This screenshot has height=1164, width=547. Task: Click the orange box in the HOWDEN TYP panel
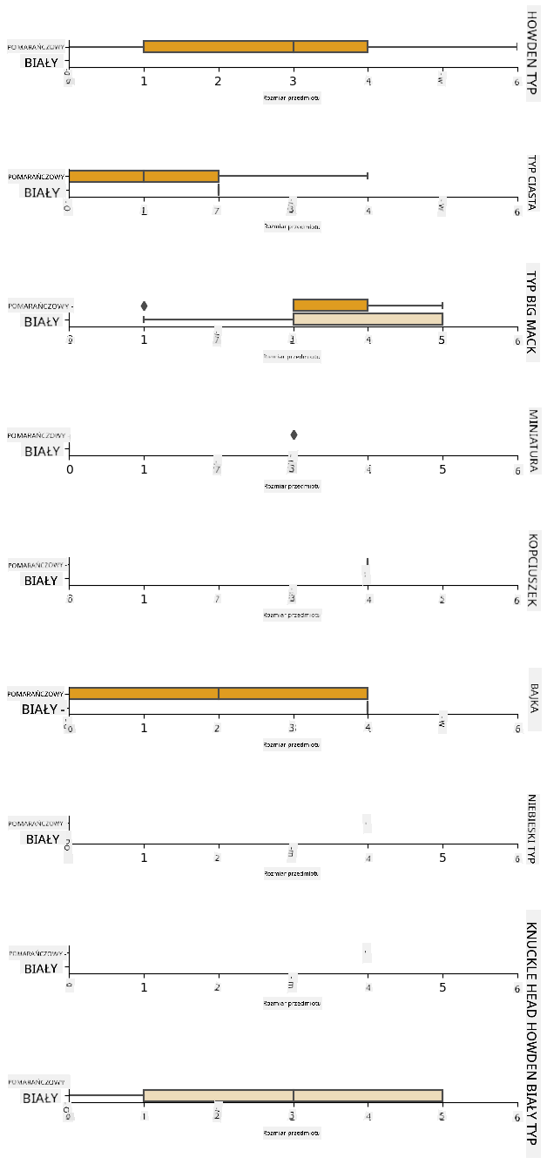255,47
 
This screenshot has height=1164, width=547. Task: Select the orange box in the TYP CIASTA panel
144,176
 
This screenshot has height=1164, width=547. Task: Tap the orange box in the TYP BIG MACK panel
330,305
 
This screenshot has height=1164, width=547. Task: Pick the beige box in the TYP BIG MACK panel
368,319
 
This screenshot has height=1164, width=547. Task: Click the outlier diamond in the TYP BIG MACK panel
144,306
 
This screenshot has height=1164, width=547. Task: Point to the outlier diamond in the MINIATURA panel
294,434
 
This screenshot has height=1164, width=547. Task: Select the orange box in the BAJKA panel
218,693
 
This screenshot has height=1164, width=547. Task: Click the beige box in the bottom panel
293,1095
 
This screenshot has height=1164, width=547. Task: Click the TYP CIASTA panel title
532,183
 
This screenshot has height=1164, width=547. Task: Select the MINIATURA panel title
532,441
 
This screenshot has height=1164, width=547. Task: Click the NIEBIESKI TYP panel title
532,829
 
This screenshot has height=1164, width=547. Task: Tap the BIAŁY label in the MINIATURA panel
42,451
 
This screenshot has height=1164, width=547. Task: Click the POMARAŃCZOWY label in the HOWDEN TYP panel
37,47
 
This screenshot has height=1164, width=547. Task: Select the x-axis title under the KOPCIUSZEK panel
292,615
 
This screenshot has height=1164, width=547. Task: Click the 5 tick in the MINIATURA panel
442,469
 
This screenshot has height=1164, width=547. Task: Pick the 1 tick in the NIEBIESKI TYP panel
144,858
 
